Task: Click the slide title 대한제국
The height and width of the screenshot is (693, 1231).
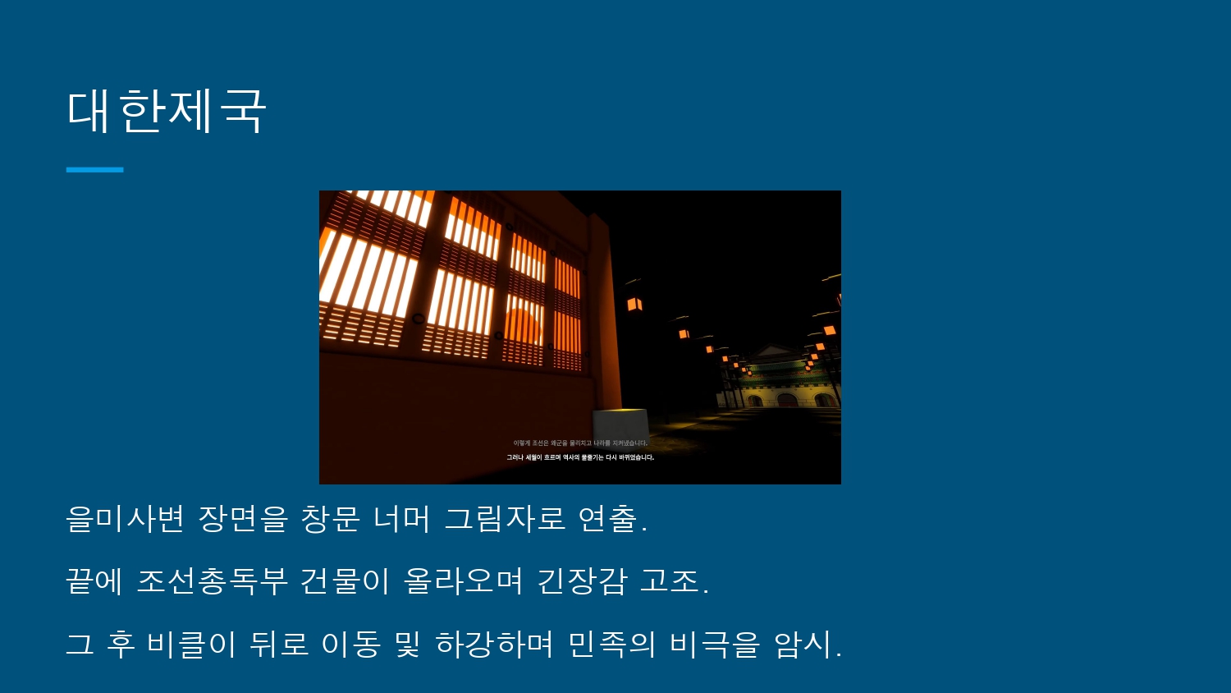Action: pos(167,111)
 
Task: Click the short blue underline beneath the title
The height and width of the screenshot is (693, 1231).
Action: pos(94,170)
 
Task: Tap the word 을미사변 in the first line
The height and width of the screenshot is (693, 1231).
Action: pos(125,519)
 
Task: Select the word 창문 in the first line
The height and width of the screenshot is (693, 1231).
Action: pos(330,519)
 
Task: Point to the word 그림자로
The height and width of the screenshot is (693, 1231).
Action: pos(505,519)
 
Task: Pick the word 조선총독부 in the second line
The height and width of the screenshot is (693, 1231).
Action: pos(212,581)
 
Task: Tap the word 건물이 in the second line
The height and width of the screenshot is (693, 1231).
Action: pos(345,581)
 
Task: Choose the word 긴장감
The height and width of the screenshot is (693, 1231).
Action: pos(582,581)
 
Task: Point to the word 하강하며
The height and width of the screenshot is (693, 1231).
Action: pos(494,644)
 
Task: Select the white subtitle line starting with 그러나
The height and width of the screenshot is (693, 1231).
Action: pos(580,457)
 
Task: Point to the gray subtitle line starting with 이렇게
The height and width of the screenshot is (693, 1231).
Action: pos(580,443)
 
